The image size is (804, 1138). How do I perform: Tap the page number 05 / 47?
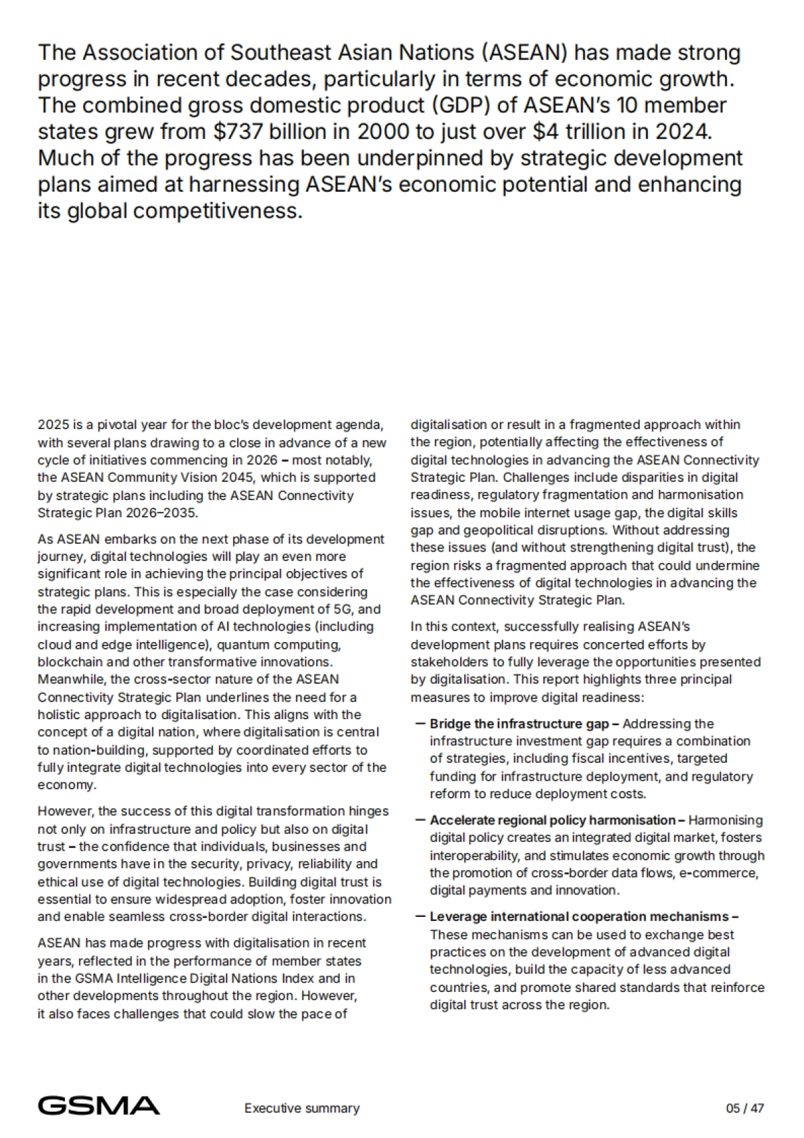point(745,1108)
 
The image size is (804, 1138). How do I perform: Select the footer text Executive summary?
point(301,1108)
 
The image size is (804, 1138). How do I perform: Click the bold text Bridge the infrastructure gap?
point(519,724)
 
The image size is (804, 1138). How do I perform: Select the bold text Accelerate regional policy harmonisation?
point(553,820)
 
